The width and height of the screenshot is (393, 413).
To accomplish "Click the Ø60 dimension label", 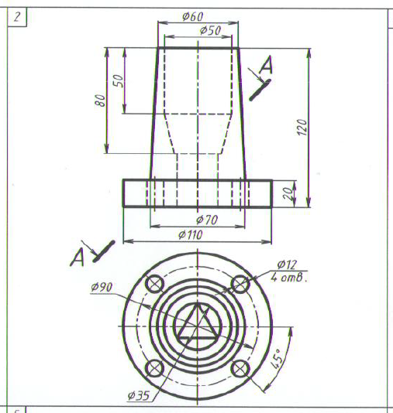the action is (193, 16).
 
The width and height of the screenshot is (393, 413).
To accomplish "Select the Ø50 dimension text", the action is (210, 30).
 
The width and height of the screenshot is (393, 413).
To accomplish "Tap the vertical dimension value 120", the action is (302, 128).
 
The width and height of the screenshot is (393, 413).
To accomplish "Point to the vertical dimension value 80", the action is (100, 100).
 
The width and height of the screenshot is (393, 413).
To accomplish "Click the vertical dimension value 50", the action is (119, 80).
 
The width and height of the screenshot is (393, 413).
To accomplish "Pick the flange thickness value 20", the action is (288, 194).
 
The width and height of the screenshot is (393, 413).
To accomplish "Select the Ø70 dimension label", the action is (207, 220).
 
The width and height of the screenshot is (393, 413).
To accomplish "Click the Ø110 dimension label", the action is (191, 234).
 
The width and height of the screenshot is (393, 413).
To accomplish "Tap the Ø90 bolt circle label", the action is (102, 287).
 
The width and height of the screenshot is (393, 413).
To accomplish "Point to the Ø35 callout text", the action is (139, 395).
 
